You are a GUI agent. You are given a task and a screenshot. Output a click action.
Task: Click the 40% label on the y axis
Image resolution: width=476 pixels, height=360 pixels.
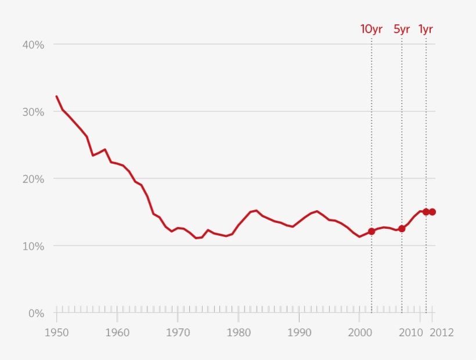(x=33, y=45)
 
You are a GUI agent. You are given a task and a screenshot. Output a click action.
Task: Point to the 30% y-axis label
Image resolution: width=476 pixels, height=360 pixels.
(x=33, y=111)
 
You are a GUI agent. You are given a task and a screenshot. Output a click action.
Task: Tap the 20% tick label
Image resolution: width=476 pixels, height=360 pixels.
(x=33, y=179)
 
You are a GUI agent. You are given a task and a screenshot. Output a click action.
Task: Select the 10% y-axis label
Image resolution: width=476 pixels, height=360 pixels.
(x=33, y=246)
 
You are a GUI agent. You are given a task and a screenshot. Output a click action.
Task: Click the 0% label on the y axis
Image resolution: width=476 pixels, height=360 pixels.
(x=36, y=314)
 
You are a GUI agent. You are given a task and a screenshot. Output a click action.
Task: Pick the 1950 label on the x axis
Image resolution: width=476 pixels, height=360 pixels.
(x=56, y=333)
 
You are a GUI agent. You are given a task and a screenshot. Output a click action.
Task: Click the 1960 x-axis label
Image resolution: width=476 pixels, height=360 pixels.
(x=117, y=333)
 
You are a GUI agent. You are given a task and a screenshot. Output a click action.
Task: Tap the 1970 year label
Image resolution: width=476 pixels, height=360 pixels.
(x=178, y=333)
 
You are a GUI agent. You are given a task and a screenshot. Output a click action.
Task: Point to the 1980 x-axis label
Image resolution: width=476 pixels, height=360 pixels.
(x=238, y=333)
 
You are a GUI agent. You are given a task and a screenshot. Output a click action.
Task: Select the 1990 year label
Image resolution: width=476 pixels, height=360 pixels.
(x=298, y=333)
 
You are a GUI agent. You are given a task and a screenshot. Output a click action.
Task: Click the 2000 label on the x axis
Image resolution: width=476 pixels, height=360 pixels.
(x=359, y=333)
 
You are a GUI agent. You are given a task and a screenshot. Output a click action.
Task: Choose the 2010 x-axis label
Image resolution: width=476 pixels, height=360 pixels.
(x=412, y=333)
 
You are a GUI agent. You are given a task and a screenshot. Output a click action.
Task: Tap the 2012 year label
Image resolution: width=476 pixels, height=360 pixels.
(x=442, y=333)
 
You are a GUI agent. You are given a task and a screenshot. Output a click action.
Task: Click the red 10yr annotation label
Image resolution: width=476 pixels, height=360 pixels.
(x=372, y=29)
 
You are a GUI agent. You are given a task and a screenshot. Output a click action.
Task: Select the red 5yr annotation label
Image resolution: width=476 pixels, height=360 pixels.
(x=402, y=29)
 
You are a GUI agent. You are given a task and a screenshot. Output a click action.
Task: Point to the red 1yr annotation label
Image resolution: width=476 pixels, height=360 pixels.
(x=425, y=29)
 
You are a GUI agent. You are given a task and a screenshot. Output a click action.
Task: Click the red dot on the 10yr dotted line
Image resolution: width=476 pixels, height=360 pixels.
(x=372, y=231)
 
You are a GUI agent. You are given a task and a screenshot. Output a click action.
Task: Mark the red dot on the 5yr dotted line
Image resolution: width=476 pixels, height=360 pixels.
(x=402, y=229)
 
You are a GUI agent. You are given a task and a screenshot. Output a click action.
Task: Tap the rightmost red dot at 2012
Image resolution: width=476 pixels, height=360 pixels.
(x=432, y=212)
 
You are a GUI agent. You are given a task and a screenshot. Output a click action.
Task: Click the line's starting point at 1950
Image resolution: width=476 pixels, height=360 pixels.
(x=56, y=96)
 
